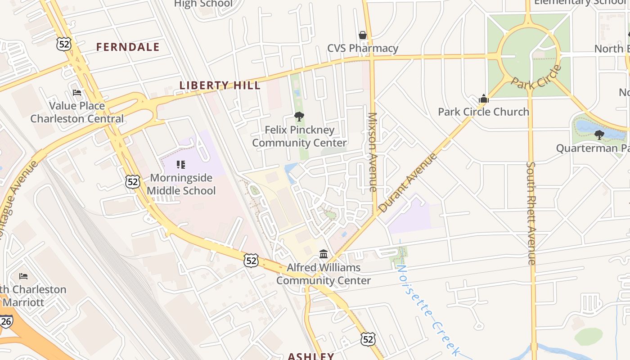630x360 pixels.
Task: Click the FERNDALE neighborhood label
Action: pos(128,47)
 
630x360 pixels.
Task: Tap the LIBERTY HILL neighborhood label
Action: pos(220,85)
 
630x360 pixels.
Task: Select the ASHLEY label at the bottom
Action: pos(310,356)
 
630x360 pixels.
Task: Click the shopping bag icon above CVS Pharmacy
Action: pos(363,35)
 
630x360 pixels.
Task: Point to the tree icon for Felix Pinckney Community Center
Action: pos(299,117)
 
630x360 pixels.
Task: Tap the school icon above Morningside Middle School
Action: pos(181,165)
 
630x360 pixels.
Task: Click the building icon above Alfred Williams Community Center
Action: pos(324,254)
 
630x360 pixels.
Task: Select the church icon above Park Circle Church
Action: pos(484,99)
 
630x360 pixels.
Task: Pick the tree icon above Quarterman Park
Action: pos(599,135)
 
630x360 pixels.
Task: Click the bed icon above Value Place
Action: pos(77,93)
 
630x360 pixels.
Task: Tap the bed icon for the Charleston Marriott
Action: pos(23,276)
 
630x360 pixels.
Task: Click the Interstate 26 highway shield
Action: pos(6,321)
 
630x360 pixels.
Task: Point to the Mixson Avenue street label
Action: pos(372,152)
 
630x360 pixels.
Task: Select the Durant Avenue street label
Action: pos(408,183)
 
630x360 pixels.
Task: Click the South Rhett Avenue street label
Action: pos(531,213)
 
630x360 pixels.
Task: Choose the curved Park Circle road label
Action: pos(537,77)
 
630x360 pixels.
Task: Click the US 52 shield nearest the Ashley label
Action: pos(368,339)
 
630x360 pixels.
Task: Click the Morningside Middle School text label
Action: pos(181,184)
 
